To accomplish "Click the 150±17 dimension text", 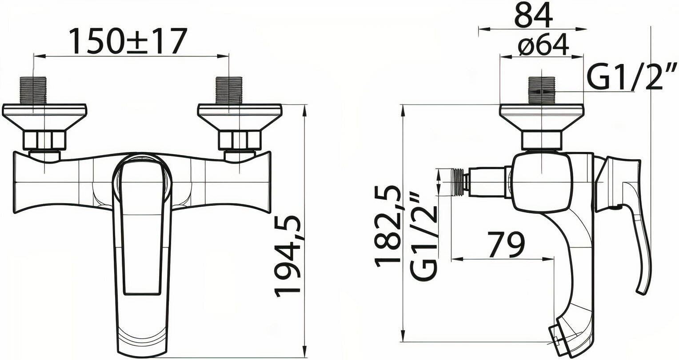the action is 127,41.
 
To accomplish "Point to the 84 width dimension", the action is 534,15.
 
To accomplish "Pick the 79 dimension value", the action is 506,244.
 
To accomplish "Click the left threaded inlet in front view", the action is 33,91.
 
